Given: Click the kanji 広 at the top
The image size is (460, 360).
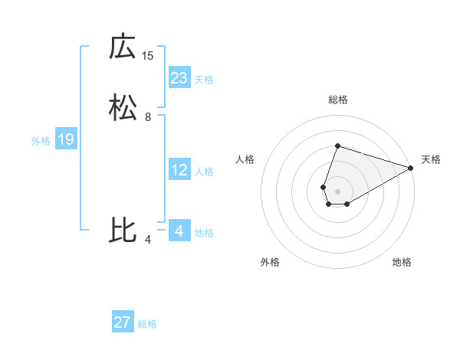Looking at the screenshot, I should tap(123, 47).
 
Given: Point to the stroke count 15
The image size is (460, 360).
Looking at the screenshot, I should tap(148, 55).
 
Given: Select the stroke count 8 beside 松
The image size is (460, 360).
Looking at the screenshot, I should tap(148, 117).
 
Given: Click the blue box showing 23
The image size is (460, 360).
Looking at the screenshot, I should tap(179, 78).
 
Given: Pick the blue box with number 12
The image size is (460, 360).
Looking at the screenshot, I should tap(179, 170).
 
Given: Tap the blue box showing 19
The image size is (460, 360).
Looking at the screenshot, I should tap(65, 139).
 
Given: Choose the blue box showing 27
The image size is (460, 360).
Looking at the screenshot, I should tap(123, 322).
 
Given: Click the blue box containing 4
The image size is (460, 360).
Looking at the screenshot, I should tap(179, 231).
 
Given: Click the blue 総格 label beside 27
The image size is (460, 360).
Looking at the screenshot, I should tap(147, 324).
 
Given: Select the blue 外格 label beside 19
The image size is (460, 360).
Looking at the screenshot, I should tap(40, 141).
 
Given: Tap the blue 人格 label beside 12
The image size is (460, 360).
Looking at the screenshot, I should tap(204, 172).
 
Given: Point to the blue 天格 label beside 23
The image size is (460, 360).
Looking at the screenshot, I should tap(204, 80).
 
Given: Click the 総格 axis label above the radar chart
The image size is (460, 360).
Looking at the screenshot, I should tap(338, 100).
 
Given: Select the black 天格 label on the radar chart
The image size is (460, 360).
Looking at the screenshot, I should tap(431, 159).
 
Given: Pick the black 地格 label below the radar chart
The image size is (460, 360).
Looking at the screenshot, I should tap(402, 262).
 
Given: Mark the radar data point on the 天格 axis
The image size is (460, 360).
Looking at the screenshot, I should tap(412, 168).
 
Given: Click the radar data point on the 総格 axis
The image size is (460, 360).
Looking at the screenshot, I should tap(337, 146).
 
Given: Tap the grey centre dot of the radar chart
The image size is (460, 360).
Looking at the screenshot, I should tap(337, 191).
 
